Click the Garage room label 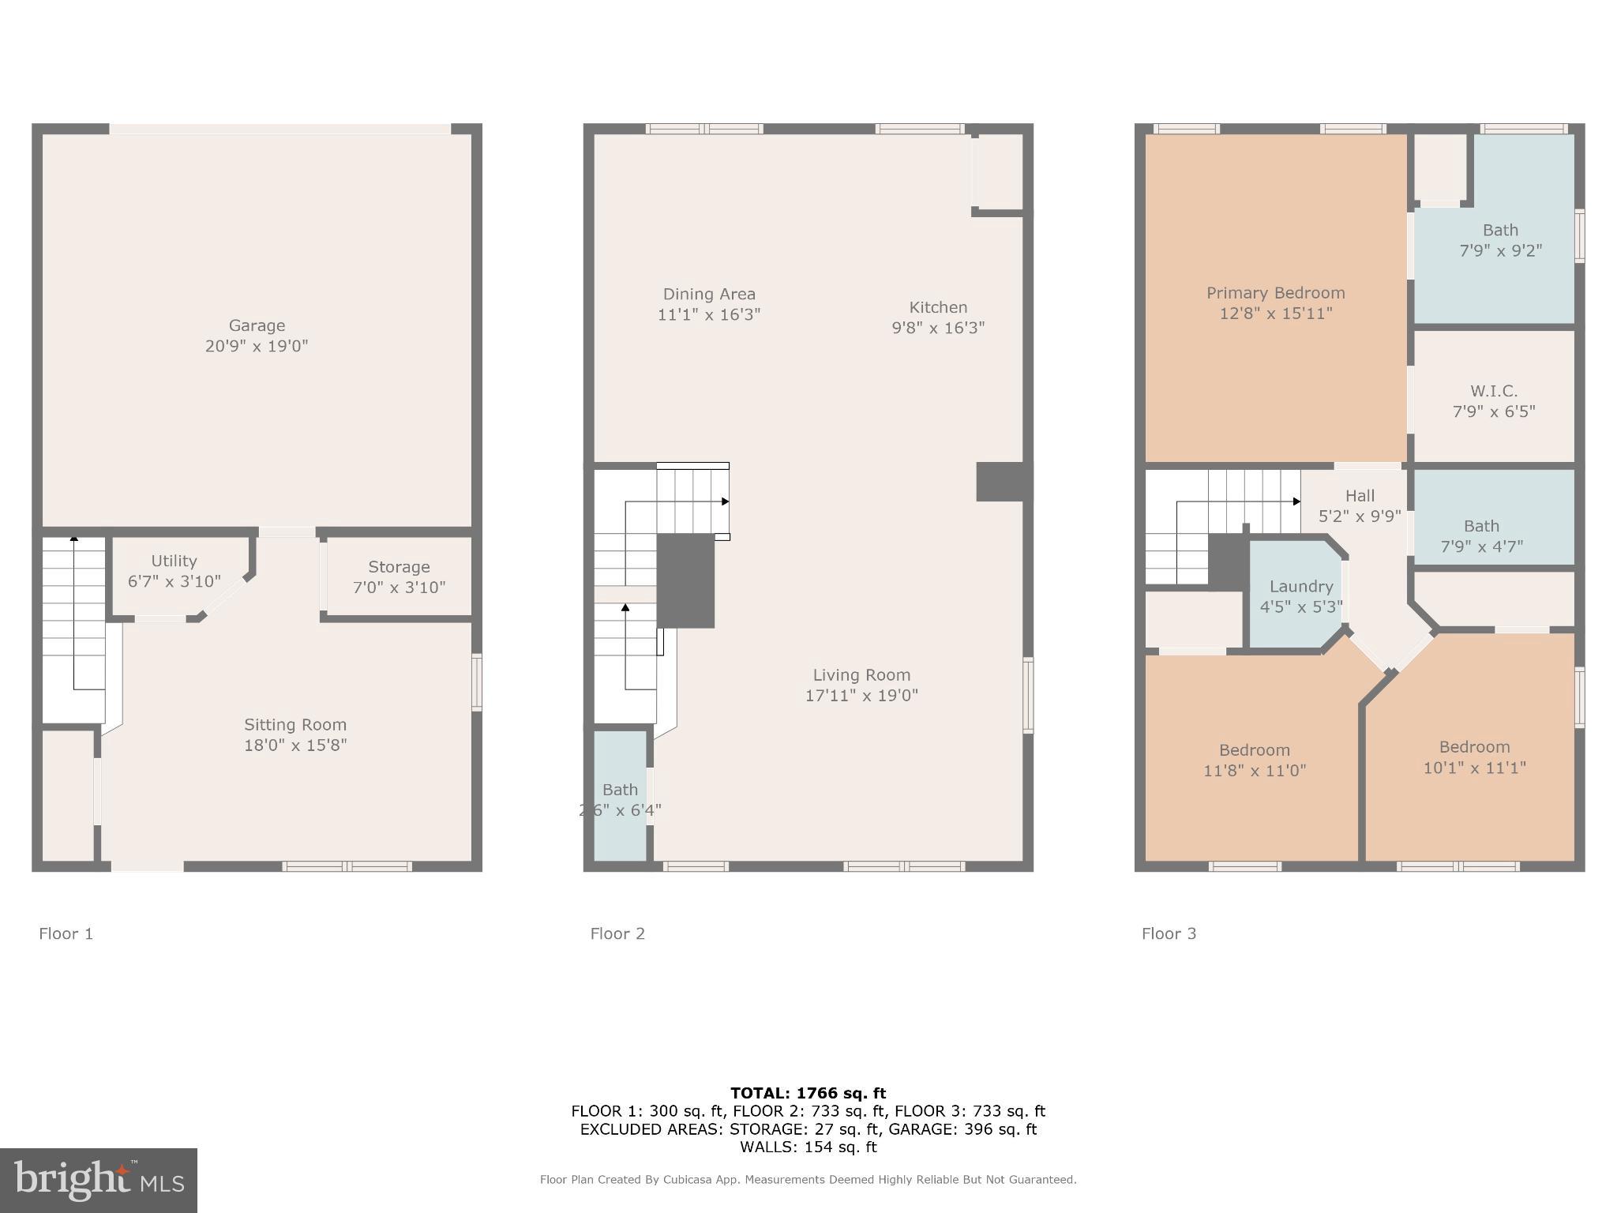(x=257, y=325)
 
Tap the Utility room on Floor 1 (x=174, y=571)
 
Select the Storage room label (x=399, y=567)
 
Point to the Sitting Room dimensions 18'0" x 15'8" (x=295, y=745)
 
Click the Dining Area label (x=708, y=295)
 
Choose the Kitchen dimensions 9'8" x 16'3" (x=938, y=328)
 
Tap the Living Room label (x=861, y=675)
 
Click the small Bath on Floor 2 (x=621, y=798)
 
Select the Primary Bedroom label (x=1275, y=293)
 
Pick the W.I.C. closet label (x=1493, y=391)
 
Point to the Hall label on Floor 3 (x=1360, y=496)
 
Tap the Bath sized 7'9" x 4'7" (x=1481, y=535)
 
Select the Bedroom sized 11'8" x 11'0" (x=1254, y=760)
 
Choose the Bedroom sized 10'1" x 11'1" (x=1474, y=757)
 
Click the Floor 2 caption (x=617, y=933)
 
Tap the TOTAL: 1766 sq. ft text (x=808, y=1093)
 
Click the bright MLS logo (x=99, y=1181)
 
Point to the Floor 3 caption (x=1169, y=933)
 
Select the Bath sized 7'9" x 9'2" (x=1499, y=240)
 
